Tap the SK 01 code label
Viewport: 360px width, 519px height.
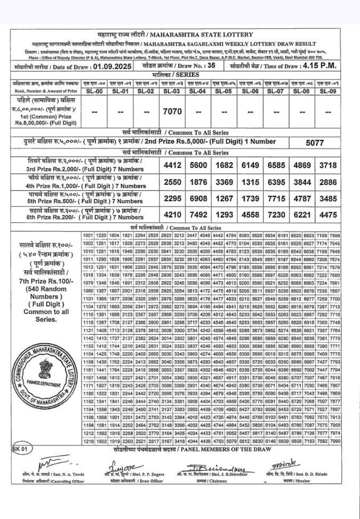tap(20, 449)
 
